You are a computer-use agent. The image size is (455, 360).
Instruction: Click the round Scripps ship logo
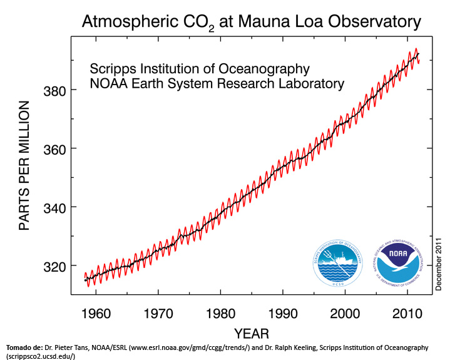tap(338, 263)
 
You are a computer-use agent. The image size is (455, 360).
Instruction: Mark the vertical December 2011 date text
tap(439, 263)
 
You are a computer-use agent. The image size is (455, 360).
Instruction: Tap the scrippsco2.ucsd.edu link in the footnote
tap(39, 356)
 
